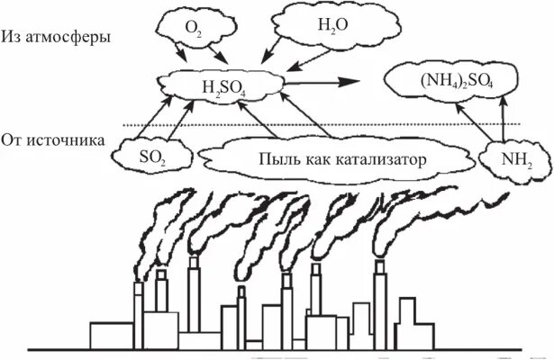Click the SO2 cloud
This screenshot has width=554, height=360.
pos(151,157)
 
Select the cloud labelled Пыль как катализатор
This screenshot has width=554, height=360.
pos(335,159)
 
